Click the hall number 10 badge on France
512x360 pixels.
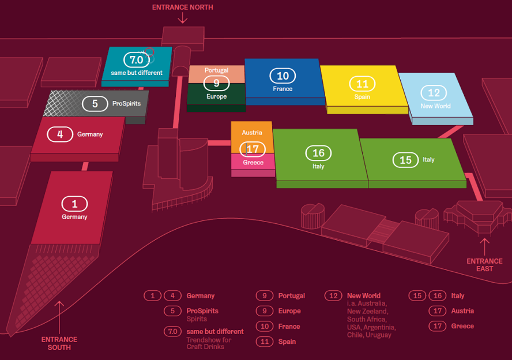pos(283,76)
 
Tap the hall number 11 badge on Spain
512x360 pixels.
pos(362,84)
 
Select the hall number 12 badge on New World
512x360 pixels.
pos(434,93)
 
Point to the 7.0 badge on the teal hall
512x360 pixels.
pos(137,59)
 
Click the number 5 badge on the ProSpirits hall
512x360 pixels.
pos(95,104)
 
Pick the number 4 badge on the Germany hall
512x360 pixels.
pos(60,134)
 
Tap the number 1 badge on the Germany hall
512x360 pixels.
pos(74,204)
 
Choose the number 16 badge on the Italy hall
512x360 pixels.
pos(318,153)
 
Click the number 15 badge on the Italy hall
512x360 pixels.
pos(405,160)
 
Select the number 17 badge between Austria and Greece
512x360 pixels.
pos(253,149)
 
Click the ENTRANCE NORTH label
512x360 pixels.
pos(182,7)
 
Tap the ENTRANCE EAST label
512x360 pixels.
pos(484,265)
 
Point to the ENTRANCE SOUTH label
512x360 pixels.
pos(59,343)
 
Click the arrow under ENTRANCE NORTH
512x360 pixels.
pos(182,18)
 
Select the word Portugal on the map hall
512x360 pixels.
pos(216,70)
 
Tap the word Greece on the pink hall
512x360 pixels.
pos(253,162)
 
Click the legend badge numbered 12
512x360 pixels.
pos(333,296)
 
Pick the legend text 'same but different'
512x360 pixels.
pos(214,332)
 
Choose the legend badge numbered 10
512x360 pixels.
pos(264,327)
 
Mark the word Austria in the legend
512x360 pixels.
pos(462,311)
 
